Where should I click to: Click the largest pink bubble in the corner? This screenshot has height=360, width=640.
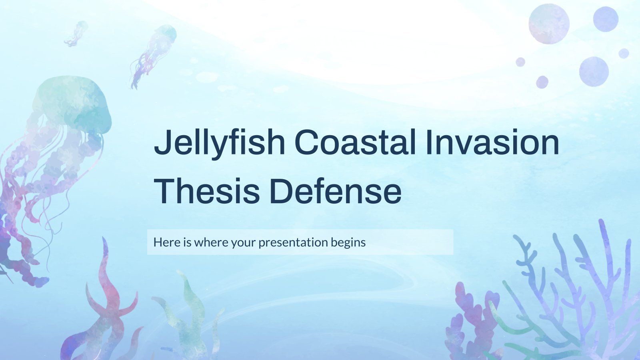(x=549, y=24)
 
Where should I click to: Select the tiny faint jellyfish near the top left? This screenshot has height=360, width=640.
(x=76, y=34)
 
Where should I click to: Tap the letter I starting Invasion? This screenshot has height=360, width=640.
(x=428, y=142)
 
